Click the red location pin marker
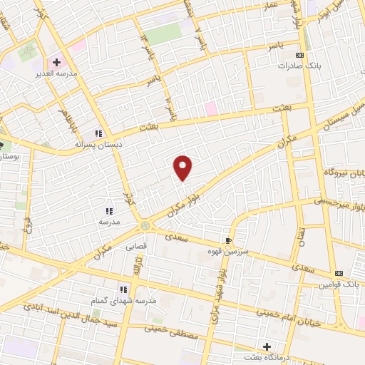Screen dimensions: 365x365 [x=184, y=167]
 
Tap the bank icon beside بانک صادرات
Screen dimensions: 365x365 [x=300, y=55]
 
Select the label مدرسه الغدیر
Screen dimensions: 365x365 [x=55, y=73]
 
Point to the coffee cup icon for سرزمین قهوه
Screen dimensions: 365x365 [x=228, y=241]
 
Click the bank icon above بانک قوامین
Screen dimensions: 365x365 [x=339, y=274]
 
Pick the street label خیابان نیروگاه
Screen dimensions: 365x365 [x=334, y=173]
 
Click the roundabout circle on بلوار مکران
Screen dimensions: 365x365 [x=145, y=226]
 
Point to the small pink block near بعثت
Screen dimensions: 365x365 [x=211, y=108]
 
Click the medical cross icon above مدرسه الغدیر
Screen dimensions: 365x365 [x=56, y=62]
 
